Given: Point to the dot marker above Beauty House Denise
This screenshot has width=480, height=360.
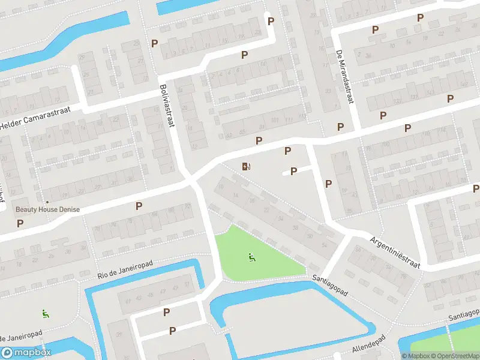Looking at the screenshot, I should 47,202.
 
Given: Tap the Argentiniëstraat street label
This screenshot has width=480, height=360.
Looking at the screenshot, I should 394,251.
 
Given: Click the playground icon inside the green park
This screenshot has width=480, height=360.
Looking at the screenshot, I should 251,258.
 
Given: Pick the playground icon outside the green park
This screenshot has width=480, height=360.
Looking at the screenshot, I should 44,313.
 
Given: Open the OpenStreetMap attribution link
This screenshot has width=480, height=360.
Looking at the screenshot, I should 457,356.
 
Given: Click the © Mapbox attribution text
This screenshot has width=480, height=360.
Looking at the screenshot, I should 416,356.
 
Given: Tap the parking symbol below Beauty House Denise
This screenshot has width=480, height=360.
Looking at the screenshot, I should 20,223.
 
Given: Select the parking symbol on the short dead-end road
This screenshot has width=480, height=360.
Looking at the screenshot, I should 294,171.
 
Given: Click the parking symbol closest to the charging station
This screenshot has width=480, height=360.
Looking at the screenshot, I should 259,140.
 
